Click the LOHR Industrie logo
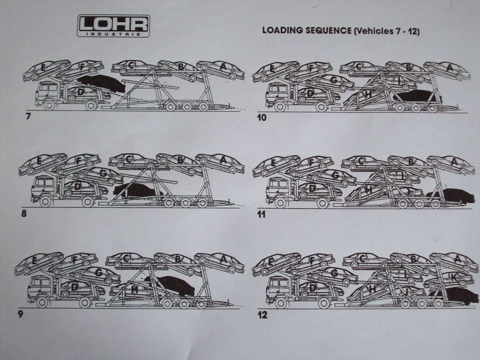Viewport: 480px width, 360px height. tap(113, 26)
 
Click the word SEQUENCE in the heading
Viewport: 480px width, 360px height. tap(328, 31)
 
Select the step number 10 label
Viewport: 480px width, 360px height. tap(262, 117)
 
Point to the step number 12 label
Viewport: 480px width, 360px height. tap(262, 315)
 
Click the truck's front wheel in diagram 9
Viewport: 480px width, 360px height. tap(43, 302)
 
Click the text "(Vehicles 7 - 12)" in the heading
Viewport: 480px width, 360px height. tap(386, 31)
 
